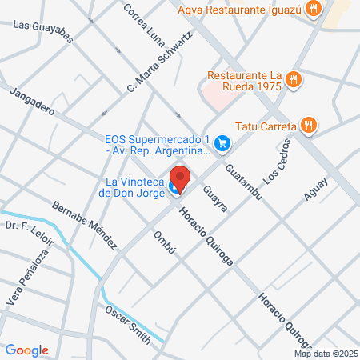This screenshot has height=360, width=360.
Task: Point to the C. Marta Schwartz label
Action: [x=159, y=65]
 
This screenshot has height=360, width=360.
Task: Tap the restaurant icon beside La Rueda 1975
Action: [x=294, y=79]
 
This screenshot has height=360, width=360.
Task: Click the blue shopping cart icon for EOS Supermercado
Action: [x=225, y=144]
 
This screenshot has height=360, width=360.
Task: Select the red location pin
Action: [x=180, y=179]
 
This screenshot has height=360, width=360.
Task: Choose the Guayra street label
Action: [x=215, y=198]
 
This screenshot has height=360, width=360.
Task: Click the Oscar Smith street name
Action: [x=129, y=324]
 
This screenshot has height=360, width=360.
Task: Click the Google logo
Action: [x=26, y=350]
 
